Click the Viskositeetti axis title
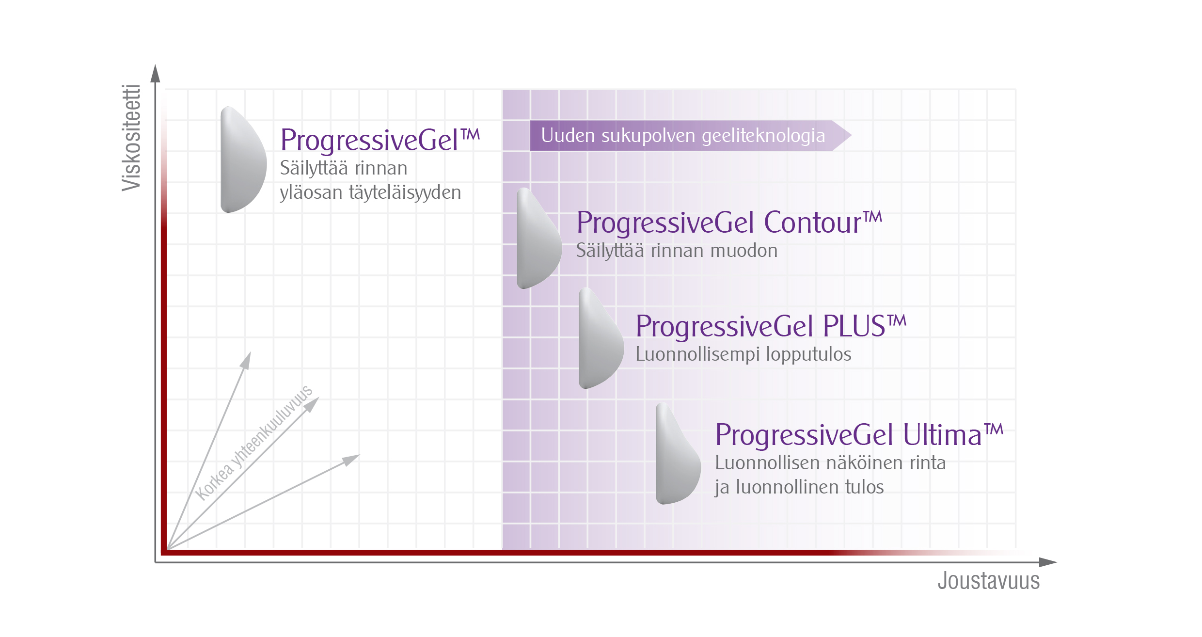[131, 138]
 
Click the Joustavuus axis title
[989, 581]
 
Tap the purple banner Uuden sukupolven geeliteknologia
[690, 136]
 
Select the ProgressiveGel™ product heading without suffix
[380, 140]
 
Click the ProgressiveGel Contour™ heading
[729, 223]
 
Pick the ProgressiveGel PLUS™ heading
[771, 326]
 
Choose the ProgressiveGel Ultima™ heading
[859, 434]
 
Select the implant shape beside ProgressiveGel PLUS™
[601, 338]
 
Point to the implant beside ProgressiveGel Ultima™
[678, 453]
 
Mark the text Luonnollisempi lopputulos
[743, 354]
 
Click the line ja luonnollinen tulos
[799, 487]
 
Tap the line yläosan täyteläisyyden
[370, 193]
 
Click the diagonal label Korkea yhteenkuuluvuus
[254, 443]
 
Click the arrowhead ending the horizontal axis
[1048, 562]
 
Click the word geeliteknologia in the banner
[763, 136]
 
